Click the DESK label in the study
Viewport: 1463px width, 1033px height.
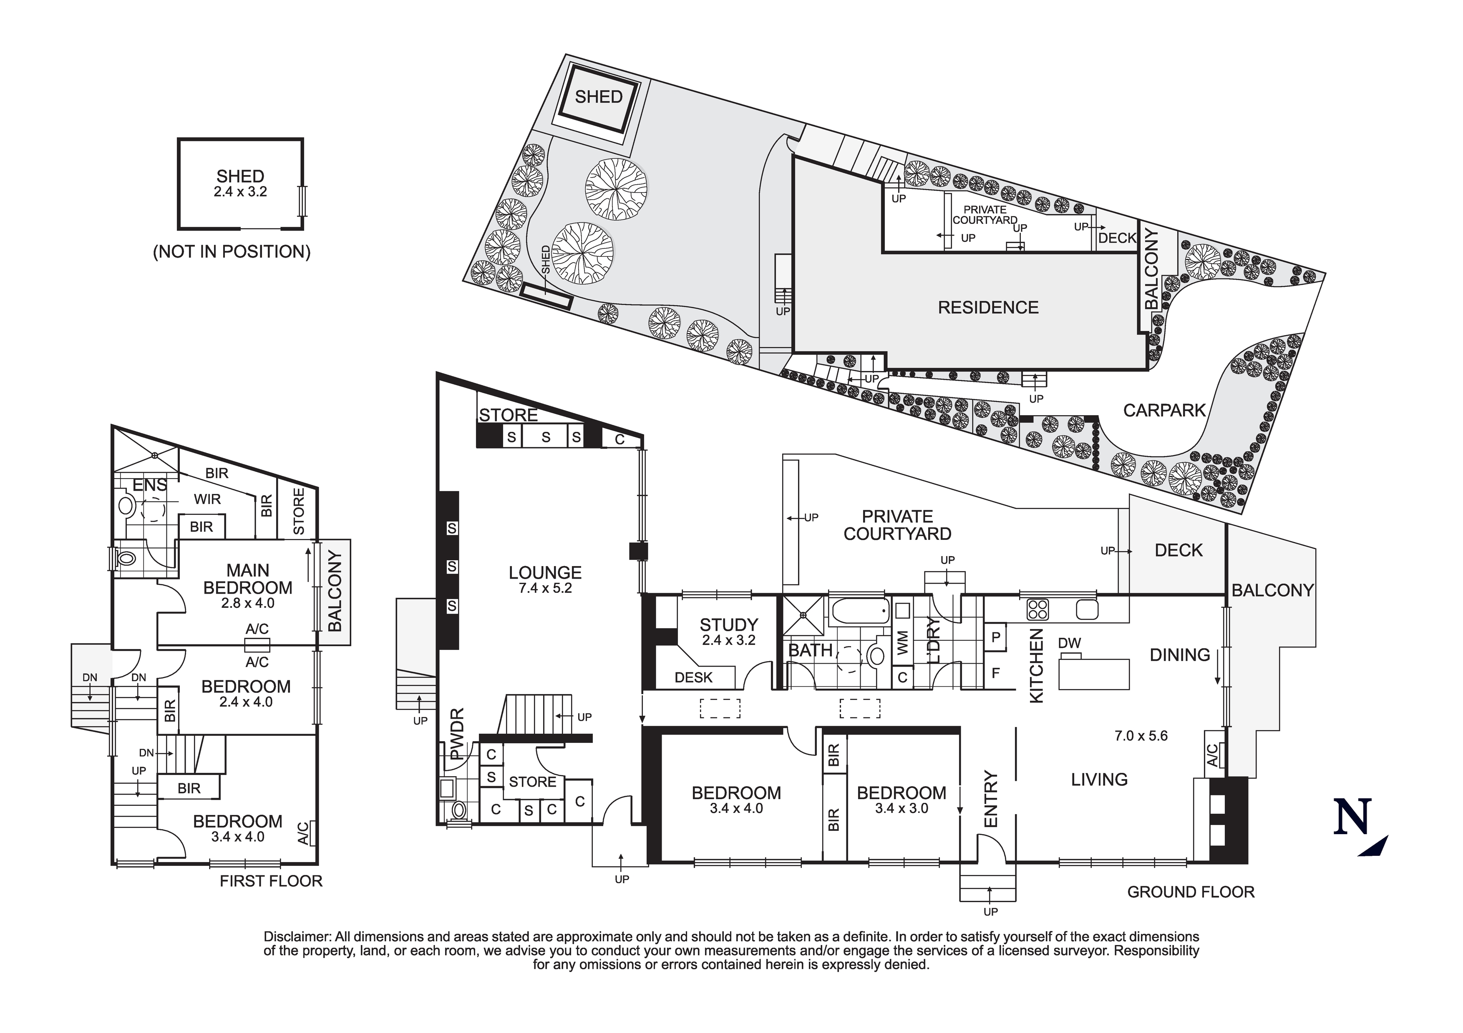pyautogui.click(x=693, y=678)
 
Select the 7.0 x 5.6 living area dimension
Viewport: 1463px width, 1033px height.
pyautogui.click(x=1141, y=736)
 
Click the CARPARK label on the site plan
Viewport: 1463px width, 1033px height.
pyautogui.click(x=1164, y=410)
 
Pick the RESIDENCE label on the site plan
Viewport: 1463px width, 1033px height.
pyautogui.click(x=988, y=308)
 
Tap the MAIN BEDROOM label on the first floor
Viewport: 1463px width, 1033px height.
pyautogui.click(x=248, y=579)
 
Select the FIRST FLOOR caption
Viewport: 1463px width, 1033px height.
pyautogui.click(x=271, y=881)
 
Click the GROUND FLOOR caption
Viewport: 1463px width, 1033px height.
pyautogui.click(x=1191, y=892)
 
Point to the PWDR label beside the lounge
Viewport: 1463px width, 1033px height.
pyautogui.click(x=456, y=734)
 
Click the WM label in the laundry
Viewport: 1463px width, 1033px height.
pyautogui.click(x=902, y=643)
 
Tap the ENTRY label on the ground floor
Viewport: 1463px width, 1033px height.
pyautogui.click(x=990, y=799)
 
